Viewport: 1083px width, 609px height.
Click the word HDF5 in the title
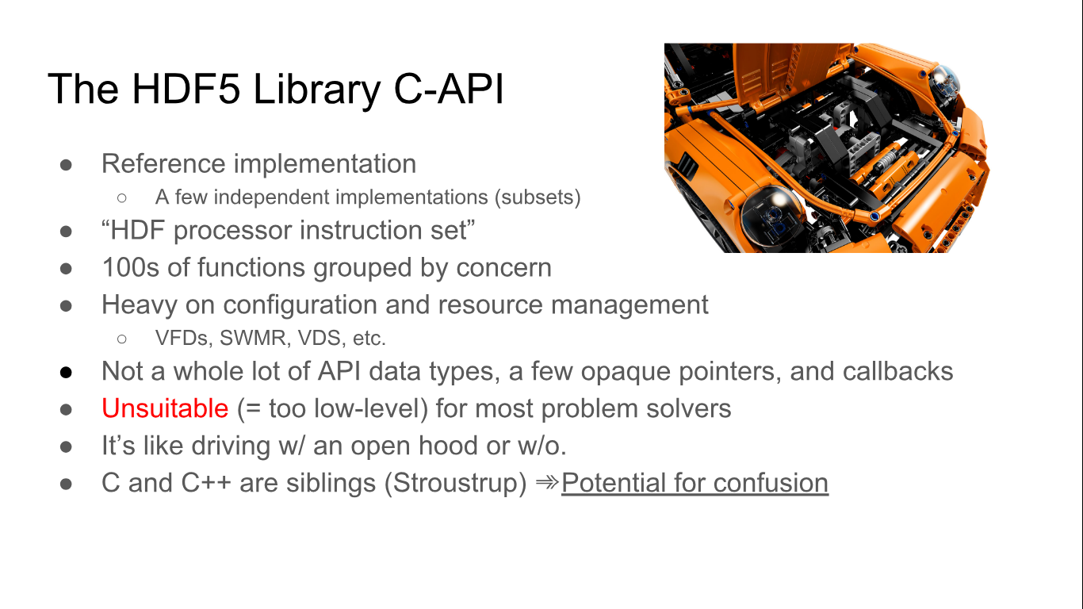point(186,89)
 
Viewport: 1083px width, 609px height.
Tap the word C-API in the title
point(449,89)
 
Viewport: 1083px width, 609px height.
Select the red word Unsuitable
point(165,408)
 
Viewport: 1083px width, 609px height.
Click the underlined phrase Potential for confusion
point(695,483)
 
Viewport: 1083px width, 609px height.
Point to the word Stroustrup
point(455,483)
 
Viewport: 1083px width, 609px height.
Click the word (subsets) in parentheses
point(538,197)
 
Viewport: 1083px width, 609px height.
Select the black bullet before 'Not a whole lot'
point(67,373)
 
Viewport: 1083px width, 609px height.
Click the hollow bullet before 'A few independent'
point(122,197)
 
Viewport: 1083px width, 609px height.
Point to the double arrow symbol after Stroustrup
point(547,482)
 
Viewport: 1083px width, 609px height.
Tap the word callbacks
point(897,371)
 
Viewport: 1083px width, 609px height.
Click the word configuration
point(300,305)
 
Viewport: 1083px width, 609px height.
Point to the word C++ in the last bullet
point(206,483)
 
